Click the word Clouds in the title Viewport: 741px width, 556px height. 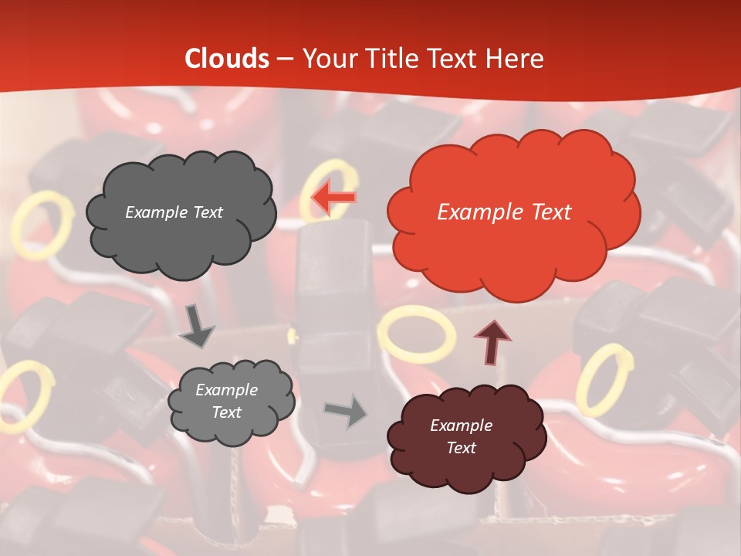click(227, 59)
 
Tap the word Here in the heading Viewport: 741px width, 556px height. click(514, 59)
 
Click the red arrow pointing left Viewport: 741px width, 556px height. click(333, 198)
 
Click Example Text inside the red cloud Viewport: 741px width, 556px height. click(504, 212)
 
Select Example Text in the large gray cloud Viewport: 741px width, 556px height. click(174, 212)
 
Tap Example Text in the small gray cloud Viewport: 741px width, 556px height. click(227, 402)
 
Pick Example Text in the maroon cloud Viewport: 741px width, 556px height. click(461, 436)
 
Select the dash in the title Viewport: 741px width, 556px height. click(284, 59)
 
